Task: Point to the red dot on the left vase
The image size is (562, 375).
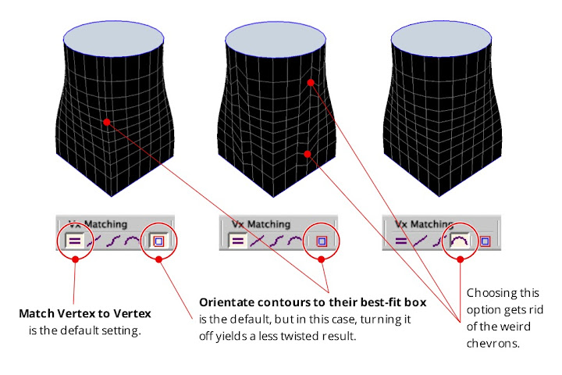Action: [x=107, y=121]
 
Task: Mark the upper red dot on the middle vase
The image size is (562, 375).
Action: [x=310, y=81]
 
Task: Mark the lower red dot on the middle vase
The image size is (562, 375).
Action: [x=308, y=155]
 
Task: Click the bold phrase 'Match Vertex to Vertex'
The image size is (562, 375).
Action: [x=85, y=313]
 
